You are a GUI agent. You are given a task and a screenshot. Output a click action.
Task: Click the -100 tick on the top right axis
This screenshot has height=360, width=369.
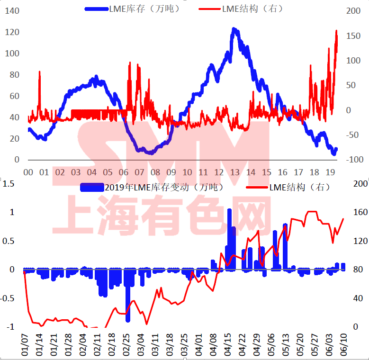point(355,160)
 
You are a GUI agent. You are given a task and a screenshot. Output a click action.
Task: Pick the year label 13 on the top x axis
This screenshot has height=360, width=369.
point(235,172)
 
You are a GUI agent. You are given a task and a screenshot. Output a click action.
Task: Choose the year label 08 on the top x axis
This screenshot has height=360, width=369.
point(155,172)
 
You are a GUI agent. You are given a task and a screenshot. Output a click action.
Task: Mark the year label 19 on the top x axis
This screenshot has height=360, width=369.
point(331,172)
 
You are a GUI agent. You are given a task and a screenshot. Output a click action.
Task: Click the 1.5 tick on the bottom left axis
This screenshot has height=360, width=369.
point(9,183)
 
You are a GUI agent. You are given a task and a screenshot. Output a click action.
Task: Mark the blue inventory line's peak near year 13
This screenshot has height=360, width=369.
point(234,30)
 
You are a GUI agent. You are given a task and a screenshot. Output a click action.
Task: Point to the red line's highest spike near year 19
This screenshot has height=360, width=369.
point(336,31)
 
